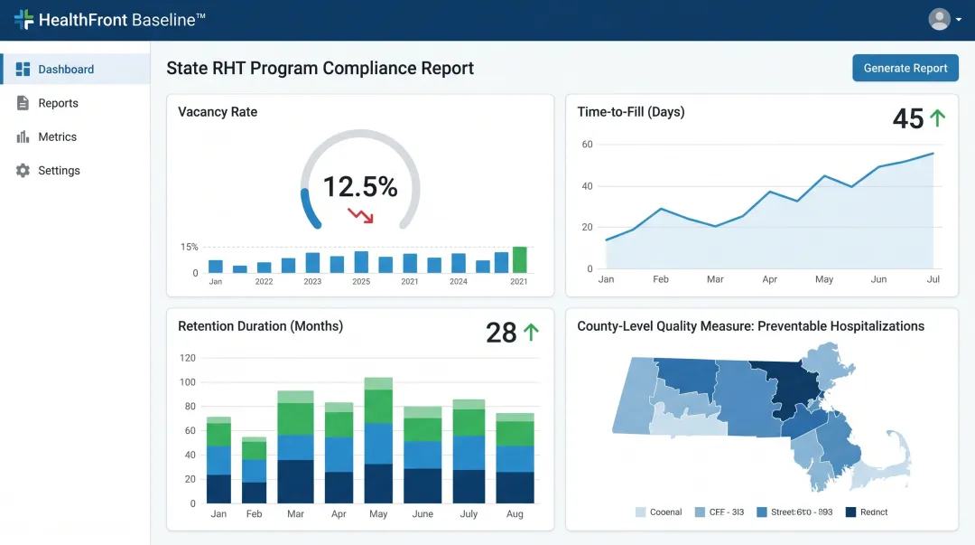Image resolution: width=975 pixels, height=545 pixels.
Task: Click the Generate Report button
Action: click(x=905, y=68)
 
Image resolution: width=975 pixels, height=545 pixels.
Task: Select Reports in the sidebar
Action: click(x=58, y=103)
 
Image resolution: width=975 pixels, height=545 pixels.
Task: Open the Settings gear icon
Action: click(x=23, y=171)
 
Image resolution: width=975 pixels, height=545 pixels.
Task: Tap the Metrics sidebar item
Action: click(x=57, y=136)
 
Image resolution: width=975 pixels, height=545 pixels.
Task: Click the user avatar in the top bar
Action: click(x=940, y=19)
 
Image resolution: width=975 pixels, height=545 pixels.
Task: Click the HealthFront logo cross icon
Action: click(x=23, y=19)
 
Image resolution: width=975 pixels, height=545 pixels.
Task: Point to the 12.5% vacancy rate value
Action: click(x=359, y=186)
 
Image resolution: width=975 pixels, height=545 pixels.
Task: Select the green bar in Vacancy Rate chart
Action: click(x=519, y=259)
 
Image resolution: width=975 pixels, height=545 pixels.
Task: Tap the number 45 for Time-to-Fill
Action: click(x=907, y=118)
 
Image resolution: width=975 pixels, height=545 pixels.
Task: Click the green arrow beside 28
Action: click(x=531, y=332)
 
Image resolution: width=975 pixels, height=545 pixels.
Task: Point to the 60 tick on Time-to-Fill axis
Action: click(x=587, y=145)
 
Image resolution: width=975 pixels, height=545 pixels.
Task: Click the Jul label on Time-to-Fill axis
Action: click(x=933, y=279)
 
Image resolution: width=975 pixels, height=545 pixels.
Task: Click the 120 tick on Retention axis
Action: click(x=187, y=358)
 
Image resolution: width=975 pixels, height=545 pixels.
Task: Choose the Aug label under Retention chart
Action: click(x=515, y=513)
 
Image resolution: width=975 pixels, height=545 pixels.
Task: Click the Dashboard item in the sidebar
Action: click(x=66, y=70)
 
